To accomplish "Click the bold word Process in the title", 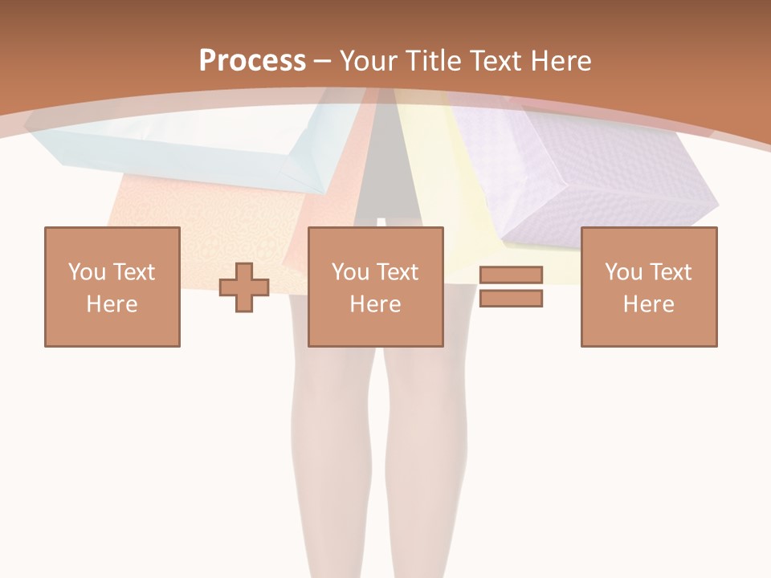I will click(x=252, y=60).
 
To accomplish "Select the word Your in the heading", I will click(x=369, y=60).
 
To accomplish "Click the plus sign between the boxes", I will click(x=244, y=287).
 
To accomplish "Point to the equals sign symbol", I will click(x=511, y=287).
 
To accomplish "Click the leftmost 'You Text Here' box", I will click(x=112, y=287).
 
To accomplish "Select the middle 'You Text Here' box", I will click(x=375, y=287).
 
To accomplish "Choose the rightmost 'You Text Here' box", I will click(x=649, y=287).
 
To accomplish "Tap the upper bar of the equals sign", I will click(x=511, y=275).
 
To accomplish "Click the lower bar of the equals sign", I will click(x=511, y=299).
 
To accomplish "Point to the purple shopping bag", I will click(x=586, y=173).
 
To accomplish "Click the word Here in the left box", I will click(x=112, y=304).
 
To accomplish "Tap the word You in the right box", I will click(x=623, y=272).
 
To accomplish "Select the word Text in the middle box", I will click(x=397, y=272).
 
